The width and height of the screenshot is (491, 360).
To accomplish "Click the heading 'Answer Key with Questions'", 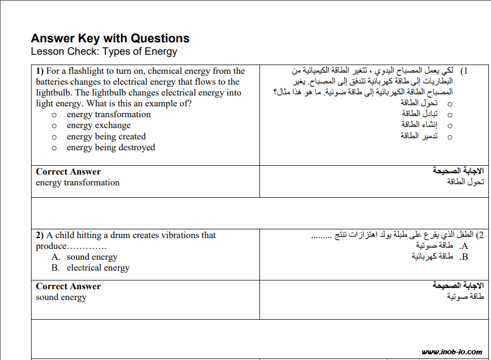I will [110, 38].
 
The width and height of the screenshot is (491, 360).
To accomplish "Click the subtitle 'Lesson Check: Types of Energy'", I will [104, 52].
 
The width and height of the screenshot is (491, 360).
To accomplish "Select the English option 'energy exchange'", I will [98, 126].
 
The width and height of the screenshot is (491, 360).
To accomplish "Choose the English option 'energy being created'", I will [106, 137].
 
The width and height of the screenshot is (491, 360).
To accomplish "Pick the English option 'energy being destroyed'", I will [111, 148].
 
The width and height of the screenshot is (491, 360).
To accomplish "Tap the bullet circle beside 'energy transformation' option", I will [54, 115].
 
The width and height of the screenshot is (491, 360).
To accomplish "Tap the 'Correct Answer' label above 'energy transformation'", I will [68, 172].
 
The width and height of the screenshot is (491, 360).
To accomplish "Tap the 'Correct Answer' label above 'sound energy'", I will [68, 287].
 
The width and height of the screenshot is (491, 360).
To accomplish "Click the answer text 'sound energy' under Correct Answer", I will [61, 298].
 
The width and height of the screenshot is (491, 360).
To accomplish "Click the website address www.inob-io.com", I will [452, 352].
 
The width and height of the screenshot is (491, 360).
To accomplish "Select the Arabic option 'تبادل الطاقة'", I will [419, 114].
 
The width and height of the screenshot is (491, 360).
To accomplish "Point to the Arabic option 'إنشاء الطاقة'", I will [419, 124].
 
